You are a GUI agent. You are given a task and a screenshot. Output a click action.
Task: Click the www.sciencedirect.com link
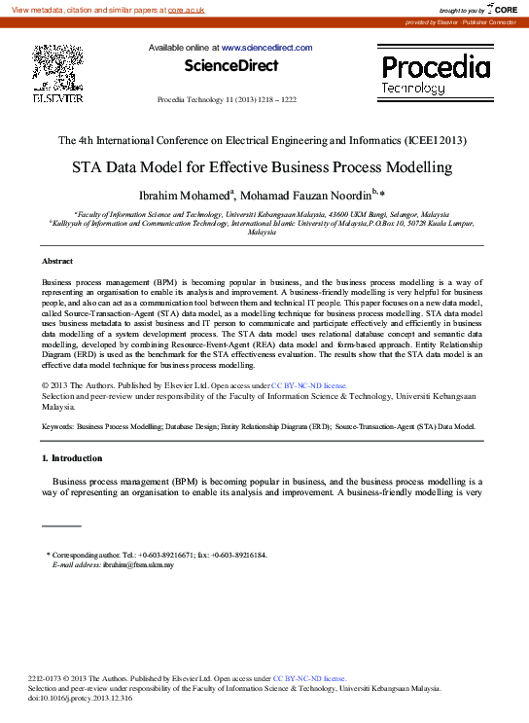266,48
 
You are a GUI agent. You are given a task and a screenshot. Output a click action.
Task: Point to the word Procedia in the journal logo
436,67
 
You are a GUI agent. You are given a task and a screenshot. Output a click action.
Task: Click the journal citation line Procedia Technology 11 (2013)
227,100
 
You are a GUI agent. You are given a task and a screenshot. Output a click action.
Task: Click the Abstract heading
57,262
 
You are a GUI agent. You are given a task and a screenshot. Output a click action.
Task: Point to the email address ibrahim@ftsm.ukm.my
138,564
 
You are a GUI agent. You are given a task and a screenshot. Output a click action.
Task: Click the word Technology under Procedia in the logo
413,88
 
